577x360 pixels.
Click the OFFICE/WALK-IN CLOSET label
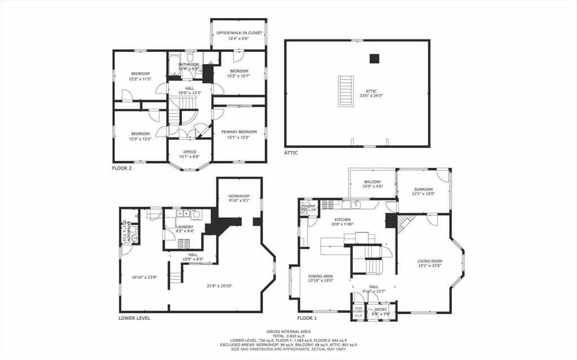[x=239, y=33]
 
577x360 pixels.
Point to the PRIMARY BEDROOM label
[x=238, y=132]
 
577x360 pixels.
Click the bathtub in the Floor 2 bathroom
[x=175, y=66]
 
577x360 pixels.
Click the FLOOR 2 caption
[x=122, y=168]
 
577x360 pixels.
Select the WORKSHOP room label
[x=239, y=196]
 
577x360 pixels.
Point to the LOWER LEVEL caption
[x=134, y=318]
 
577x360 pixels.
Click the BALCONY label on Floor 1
[x=372, y=182]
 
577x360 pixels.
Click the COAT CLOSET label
[x=358, y=310]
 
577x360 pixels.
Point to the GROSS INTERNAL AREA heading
[x=288, y=331]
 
